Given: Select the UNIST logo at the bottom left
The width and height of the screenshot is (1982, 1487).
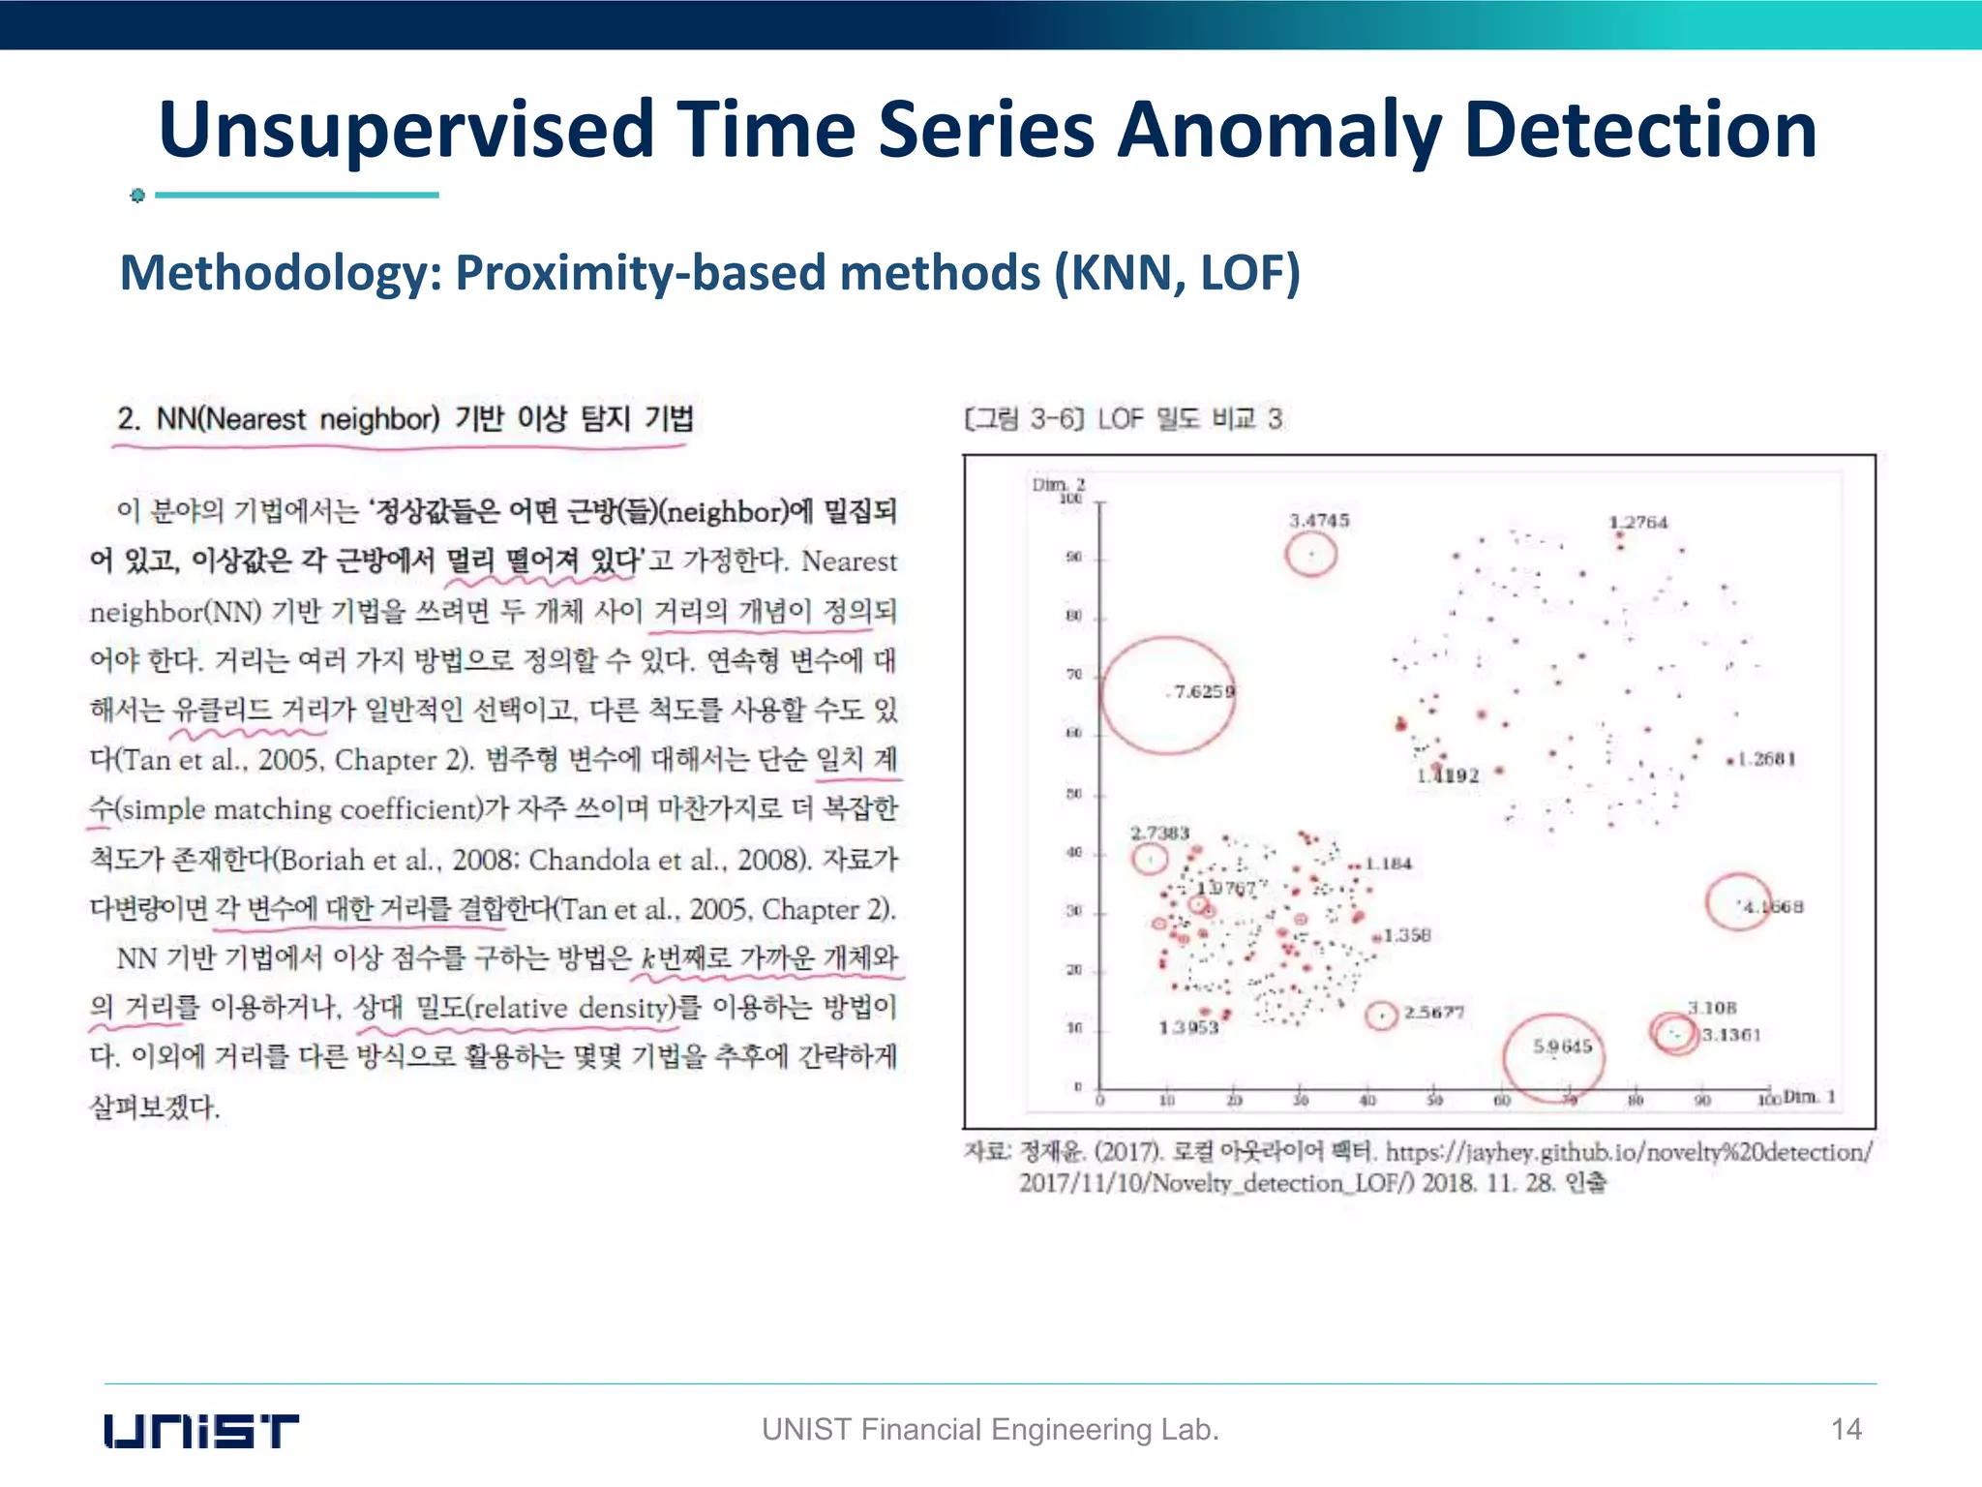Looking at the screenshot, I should [x=201, y=1431].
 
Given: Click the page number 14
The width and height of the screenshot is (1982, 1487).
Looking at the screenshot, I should [x=1847, y=1429].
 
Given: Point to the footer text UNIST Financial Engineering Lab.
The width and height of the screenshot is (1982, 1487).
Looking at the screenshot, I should [x=990, y=1429].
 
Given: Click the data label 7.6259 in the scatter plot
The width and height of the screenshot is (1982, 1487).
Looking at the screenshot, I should [x=1203, y=691].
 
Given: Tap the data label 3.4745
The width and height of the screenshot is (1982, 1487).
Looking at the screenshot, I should [x=1318, y=521].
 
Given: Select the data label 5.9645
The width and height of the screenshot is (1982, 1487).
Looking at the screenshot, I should [x=1562, y=1047].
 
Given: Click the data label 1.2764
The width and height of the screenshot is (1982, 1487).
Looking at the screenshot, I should [x=1638, y=523].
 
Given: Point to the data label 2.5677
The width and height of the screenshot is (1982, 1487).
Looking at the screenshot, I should [x=1434, y=1013].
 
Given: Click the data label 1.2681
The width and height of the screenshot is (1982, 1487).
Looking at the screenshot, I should [x=1767, y=759].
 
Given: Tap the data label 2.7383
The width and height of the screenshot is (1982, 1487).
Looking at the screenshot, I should [x=1159, y=833].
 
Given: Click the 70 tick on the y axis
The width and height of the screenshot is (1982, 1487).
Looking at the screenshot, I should [x=1074, y=675].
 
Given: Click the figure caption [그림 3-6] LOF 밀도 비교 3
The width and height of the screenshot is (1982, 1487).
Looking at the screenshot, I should [x=1123, y=419].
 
